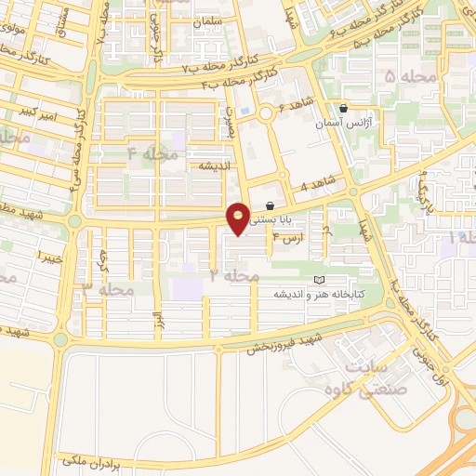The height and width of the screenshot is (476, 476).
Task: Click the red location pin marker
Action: click(239, 218)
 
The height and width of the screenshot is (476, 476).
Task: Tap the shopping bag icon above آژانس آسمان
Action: click(344, 108)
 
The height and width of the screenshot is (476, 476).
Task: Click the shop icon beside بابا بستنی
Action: click(270, 205)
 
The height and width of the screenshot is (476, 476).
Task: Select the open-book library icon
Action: click(321, 280)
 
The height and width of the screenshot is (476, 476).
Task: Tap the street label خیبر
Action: click(48, 254)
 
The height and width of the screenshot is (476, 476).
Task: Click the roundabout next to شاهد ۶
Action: click(267, 113)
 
